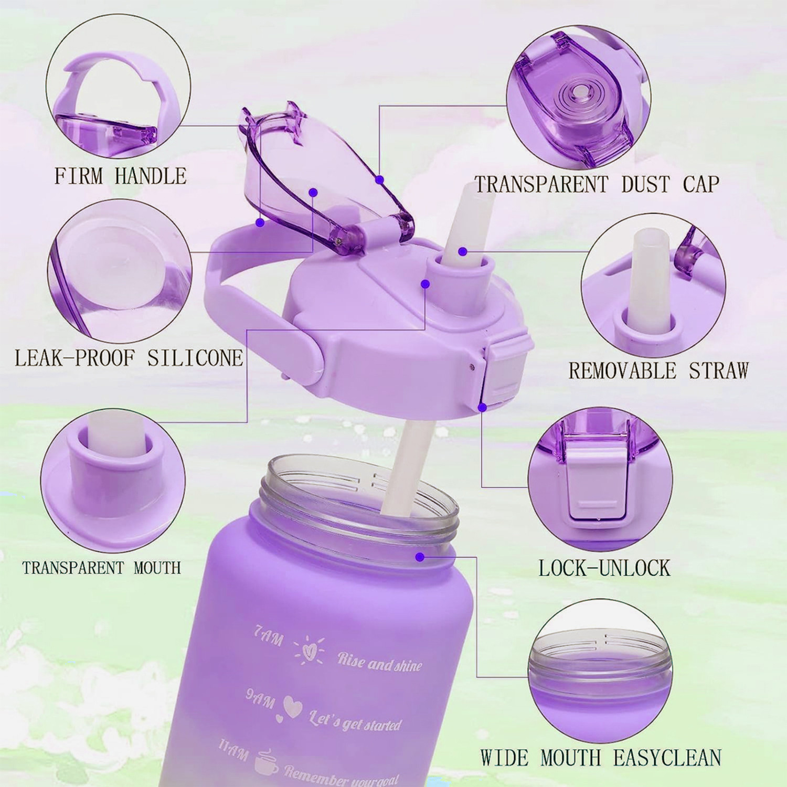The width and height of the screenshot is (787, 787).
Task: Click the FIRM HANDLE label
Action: (120, 176)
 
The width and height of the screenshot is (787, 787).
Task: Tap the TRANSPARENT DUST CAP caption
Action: (597, 184)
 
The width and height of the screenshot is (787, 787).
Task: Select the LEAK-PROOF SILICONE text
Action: (129, 358)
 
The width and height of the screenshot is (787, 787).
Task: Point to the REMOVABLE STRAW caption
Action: (658, 370)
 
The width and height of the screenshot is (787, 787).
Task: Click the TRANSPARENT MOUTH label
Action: (101, 568)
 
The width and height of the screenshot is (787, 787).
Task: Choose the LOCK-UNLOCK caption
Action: (604, 568)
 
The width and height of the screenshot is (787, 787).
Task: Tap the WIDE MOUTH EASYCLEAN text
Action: (601, 758)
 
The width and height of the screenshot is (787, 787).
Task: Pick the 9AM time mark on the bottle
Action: (261, 697)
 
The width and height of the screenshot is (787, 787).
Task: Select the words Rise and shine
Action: (379, 663)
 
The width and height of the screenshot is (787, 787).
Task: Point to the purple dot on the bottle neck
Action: (419, 556)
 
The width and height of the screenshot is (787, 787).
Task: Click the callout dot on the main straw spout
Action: (462, 252)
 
